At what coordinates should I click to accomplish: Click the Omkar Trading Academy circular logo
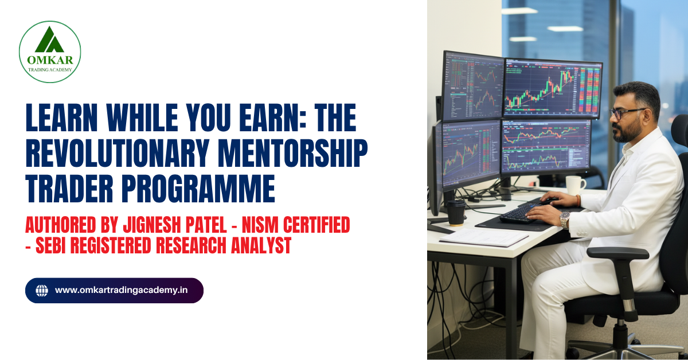coord(50,52)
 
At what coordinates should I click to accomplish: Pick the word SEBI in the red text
coord(55,246)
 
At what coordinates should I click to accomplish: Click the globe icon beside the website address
coord(42,291)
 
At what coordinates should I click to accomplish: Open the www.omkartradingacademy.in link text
coord(121,291)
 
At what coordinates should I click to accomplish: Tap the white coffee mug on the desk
coord(575,185)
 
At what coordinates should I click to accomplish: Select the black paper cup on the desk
coord(456,212)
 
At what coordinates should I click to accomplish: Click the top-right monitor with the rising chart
coord(552,89)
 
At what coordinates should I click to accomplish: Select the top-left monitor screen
coord(472,86)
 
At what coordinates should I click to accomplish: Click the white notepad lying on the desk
coord(476,236)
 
